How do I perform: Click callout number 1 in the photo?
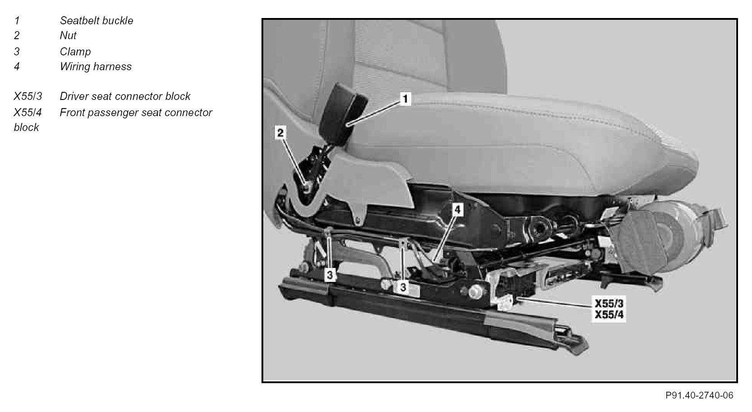pyautogui.click(x=405, y=99)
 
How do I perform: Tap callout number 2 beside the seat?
pyautogui.click(x=280, y=133)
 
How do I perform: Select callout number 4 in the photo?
pyautogui.click(x=457, y=210)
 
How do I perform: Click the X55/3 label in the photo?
pyautogui.click(x=609, y=303)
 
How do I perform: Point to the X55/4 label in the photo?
pyautogui.click(x=609, y=315)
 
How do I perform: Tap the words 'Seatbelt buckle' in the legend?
pyautogui.click(x=96, y=21)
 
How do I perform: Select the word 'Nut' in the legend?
pyautogui.click(x=68, y=36)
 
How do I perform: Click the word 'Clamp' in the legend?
pyautogui.click(x=75, y=52)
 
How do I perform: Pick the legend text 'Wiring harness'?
pyautogui.click(x=96, y=66)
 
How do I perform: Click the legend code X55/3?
pyautogui.click(x=28, y=96)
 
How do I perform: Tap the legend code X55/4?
pyautogui.click(x=28, y=113)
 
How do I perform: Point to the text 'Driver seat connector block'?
pyautogui.click(x=125, y=96)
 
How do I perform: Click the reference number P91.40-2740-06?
pyautogui.click(x=699, y=396)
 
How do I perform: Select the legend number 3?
pyautogui.click(x=17, y=52)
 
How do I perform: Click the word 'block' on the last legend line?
pyautogui.click(x=26, y=127)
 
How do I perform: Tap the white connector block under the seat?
pyautogui.click(x=504, y=302)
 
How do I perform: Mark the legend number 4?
pyautogui.click(x=17, y=66)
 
